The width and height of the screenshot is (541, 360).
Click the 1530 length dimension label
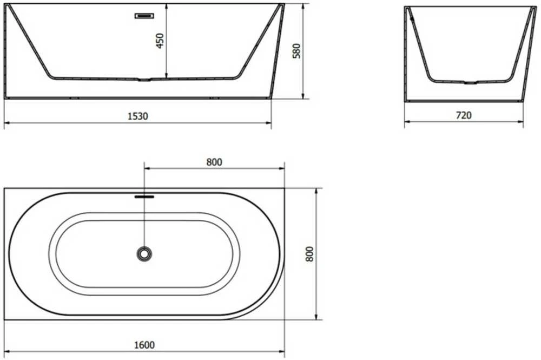click(138, 116)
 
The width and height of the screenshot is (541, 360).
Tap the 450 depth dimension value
click(160, 41)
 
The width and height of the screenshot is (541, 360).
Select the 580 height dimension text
click(296, 51)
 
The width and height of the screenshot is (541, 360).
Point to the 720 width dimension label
click(464, 115)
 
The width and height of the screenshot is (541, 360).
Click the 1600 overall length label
click(144, 345)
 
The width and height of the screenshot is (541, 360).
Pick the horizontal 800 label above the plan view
click(214, 162)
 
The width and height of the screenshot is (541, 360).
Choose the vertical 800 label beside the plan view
click(310, 254)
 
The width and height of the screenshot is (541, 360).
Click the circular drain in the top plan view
click(144, 254)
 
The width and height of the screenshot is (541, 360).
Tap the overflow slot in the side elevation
click(144, 16)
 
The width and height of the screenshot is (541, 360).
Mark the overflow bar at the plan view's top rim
click(144, 197)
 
